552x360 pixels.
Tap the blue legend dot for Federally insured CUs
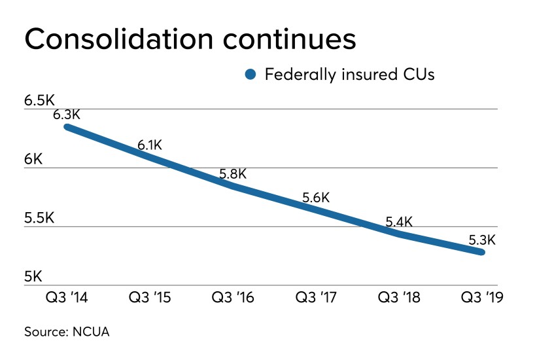[250, 75]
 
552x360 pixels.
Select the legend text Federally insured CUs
[349, 74]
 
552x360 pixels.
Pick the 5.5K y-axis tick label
[39, 218]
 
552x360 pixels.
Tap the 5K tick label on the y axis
[33, 277]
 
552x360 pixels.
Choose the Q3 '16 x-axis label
[233, 297]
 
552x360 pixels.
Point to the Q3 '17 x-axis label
[317, 297]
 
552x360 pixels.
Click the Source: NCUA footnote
[67, 332]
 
